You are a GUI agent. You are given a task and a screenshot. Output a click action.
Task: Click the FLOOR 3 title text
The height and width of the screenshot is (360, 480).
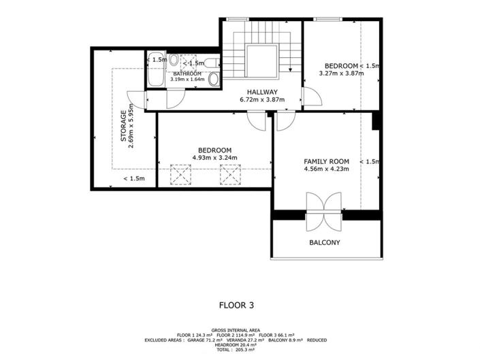238,306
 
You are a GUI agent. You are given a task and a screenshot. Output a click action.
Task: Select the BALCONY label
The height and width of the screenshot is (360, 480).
324,242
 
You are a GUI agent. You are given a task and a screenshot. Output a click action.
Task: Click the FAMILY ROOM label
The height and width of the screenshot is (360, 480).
326,161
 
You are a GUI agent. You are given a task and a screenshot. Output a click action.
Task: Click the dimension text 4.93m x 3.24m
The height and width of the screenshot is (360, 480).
214,158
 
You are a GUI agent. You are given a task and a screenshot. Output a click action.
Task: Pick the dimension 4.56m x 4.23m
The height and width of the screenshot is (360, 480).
326,169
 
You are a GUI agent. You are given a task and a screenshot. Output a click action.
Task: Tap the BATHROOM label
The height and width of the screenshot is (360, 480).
187,73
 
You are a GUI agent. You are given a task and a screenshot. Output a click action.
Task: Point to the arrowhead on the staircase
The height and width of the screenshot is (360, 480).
291,69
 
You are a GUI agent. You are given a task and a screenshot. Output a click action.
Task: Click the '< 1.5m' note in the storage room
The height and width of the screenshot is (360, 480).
133,179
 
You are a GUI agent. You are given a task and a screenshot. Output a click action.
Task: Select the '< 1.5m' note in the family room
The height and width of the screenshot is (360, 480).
370,161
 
